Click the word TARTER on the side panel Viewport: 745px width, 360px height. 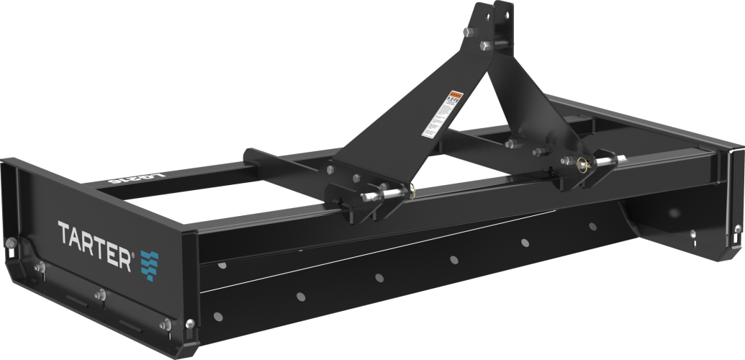pyautogui.click(x=94, y=237)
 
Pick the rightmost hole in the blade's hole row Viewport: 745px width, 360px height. pyautogui.click(x=592, y=226)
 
